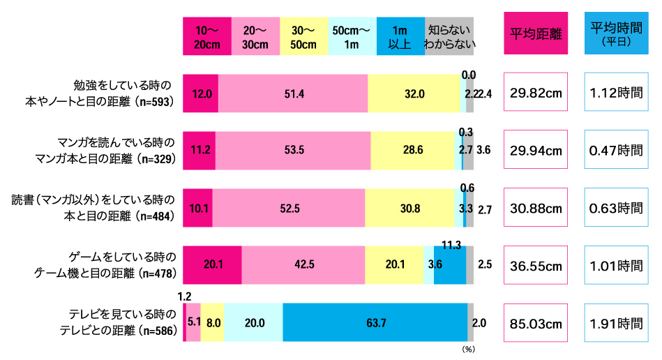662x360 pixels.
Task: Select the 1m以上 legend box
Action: coord(400,36)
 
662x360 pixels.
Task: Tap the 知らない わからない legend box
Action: coord(449,36)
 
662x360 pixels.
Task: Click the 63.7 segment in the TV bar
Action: coord(375,322)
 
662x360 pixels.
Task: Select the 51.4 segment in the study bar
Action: coord(293,93)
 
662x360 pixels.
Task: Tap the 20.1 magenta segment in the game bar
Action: coord(212,265)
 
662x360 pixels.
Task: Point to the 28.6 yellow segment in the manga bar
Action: coord(412,151)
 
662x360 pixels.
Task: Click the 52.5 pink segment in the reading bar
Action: coord(288,208)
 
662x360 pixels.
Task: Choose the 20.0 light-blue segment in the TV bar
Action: coord(253,322)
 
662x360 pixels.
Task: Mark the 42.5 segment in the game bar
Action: coord(303,265)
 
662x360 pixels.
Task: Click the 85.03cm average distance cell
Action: coord(536,323)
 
